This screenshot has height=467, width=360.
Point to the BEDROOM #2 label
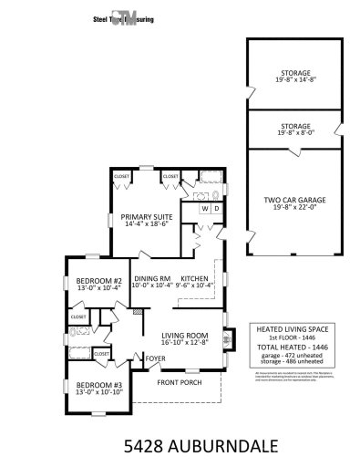[x=98, y=281]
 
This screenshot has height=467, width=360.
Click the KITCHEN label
[x=195, y=278]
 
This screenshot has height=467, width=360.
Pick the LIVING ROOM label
[x=185, y=337]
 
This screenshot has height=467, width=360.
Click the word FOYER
[x=145, y=357]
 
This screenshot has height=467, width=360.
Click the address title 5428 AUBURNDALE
[x=180, y=446]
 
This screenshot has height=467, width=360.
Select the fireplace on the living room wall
[x=226, y=344]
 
